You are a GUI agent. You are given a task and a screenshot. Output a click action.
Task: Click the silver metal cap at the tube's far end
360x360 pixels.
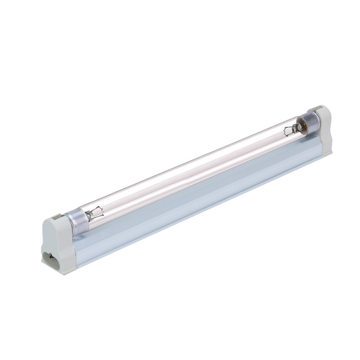[310, 121]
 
